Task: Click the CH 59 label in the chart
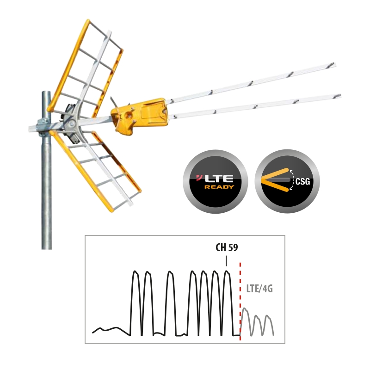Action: (x=227, y=247)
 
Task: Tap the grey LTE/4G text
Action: (x=259, y=289)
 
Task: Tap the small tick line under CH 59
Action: (x=226, y=261)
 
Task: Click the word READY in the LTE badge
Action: (x=219, y=187)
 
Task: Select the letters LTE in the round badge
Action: (x=218, y=179)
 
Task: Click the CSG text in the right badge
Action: (x=302, y=181)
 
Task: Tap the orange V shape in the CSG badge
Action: (x=275, y=180)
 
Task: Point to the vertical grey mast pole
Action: (x=47, y=170)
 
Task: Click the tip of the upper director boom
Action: (x=334, y=64)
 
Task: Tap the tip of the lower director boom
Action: (x=340, y=96)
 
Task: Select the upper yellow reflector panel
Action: (x=85, y=68)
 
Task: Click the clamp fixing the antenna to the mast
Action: (x=43, y=128)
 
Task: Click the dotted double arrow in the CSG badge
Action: (x=292, y=180)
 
